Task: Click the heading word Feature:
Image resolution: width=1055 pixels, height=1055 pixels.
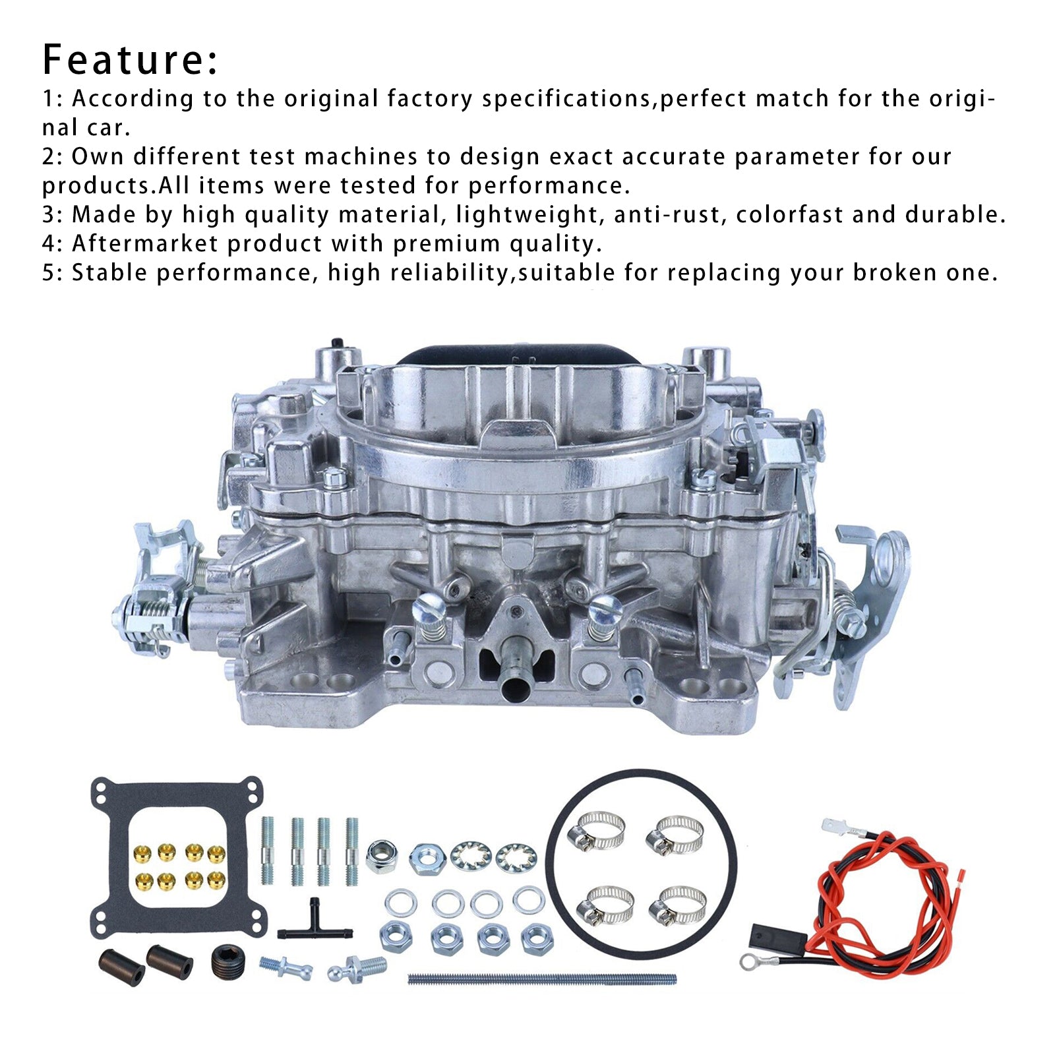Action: [x=130, y=59]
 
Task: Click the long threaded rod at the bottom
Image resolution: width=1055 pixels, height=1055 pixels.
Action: [x=542, y=979]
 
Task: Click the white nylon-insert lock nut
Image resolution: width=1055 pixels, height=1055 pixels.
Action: [x=380, y=857]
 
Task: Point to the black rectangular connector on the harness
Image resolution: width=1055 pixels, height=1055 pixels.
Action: [x=778, y=938]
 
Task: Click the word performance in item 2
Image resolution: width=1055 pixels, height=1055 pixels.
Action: [x=545, y=185]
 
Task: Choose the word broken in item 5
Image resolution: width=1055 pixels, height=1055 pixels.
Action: [x=895, y=272]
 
